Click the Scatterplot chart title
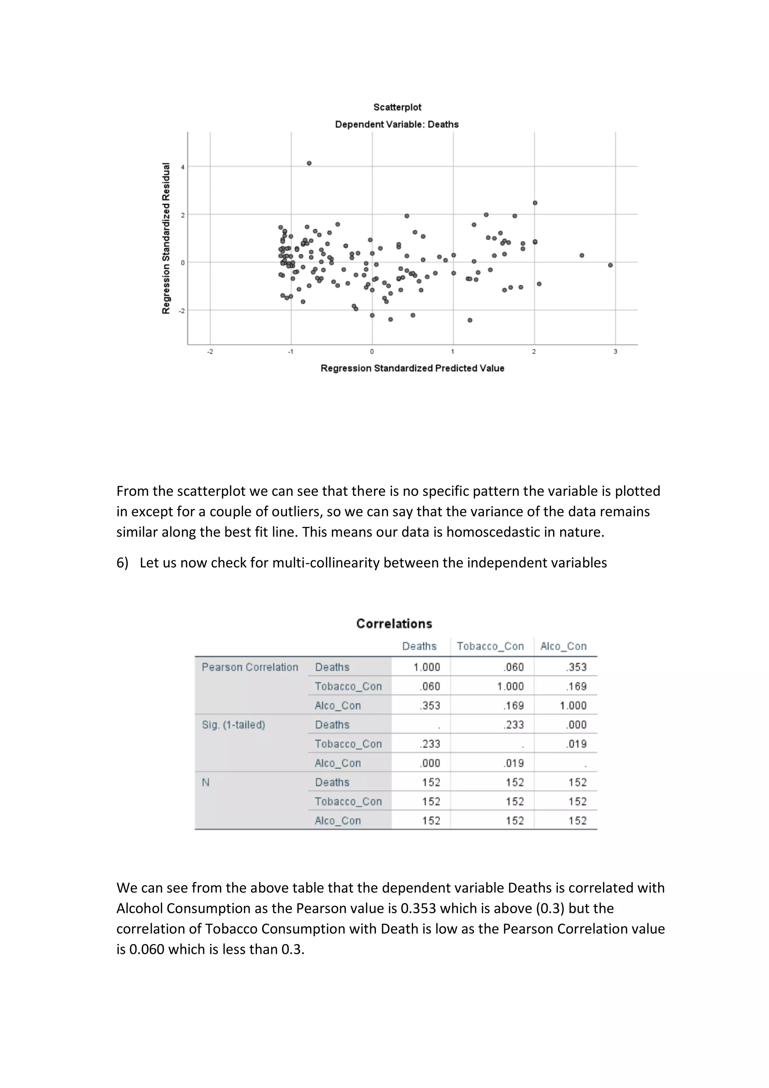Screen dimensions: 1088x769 pyautogui.click(x=397, y=107)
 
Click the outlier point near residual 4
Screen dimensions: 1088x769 pyautogui.click(x=309, y=163)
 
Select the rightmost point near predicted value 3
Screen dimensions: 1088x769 pyautogui.click(x=610, y=265)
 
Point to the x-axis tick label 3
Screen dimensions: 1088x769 pyautogui.click(x=615, y=352)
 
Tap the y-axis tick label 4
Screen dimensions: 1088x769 pyautogui.click(x=182, y=167)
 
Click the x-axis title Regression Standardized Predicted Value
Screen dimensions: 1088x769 pyautogui.click(x=412, y=368)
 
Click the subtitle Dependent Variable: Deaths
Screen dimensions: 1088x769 pyautogui.click(x=397, y=124)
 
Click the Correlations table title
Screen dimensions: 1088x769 pyautogui.click(x=394, y=623)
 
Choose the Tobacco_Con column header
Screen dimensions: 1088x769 pyautogui.click(x=490, y=646)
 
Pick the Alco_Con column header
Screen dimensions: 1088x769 pyautogui.click(x=563, y=646)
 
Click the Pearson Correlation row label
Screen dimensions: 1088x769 pyautogui.click(x=250, y=667)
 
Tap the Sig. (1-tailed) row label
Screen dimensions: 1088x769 pyautogui.click(x=233, y=724)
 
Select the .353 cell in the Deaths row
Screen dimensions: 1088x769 pyautogui.click(x=576, y=667)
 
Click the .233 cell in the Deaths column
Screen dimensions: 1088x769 pyautogui.click(x=430, y=744)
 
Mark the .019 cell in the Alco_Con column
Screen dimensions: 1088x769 pyautogui.click(x=576, y=744)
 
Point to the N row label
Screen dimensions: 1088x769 pyautogui.click(x=206, y=782)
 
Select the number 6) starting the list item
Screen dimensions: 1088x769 pyautogui.click(x=122, y=563)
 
